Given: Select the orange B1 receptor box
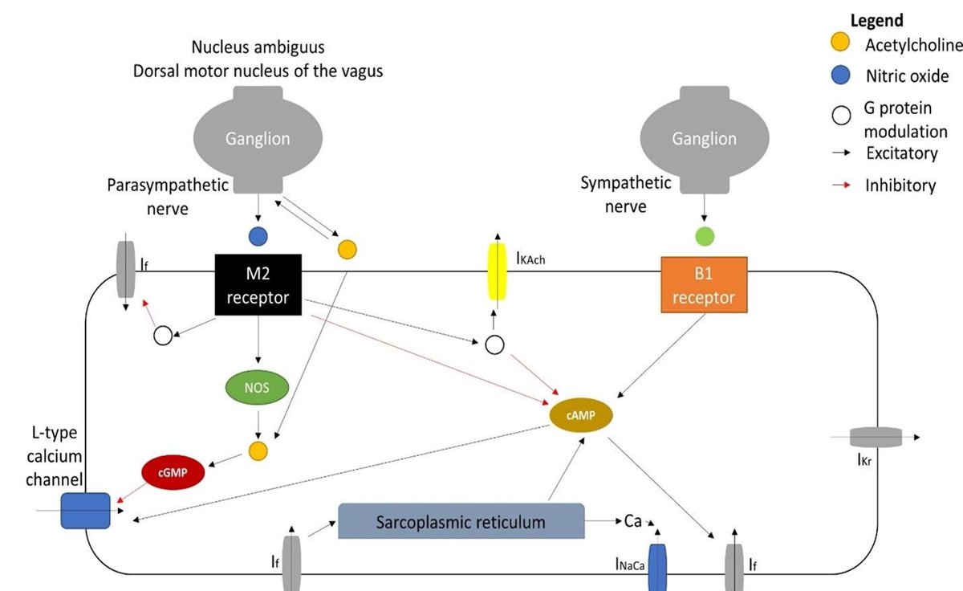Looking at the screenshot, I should point(704,285).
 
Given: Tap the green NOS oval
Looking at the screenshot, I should point(257,389).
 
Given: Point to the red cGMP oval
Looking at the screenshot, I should point(173,472).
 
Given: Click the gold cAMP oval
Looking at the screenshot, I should point(581,414).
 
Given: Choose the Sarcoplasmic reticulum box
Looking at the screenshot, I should point(461,522).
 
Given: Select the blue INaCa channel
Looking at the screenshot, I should point(657,567).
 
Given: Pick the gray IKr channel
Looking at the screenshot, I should point(876,438).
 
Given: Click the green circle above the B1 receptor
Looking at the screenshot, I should point(704,237).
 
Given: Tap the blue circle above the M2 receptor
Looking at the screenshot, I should point(258,237).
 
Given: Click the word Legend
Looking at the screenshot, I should point(876,21).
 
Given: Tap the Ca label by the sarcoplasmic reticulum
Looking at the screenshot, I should point(633,522).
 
